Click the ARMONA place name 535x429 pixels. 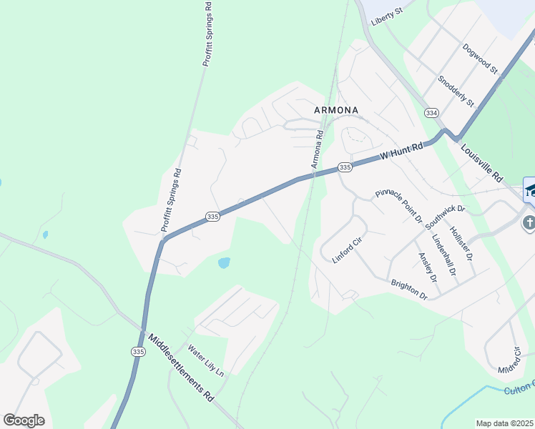(336, 110)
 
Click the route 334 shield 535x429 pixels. (431, 113)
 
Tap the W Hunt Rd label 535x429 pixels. (401, 150)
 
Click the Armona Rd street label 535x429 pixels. (317, 149)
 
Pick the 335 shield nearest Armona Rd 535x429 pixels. (345, 167)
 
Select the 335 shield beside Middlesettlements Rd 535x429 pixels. (138, 351)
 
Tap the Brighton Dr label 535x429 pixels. (409, 290)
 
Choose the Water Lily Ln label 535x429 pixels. (205, 361)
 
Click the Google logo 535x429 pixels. (24, 420)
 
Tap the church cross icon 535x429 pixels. (529, 222)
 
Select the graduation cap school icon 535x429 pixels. (530, 189)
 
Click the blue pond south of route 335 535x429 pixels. (224, 262)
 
